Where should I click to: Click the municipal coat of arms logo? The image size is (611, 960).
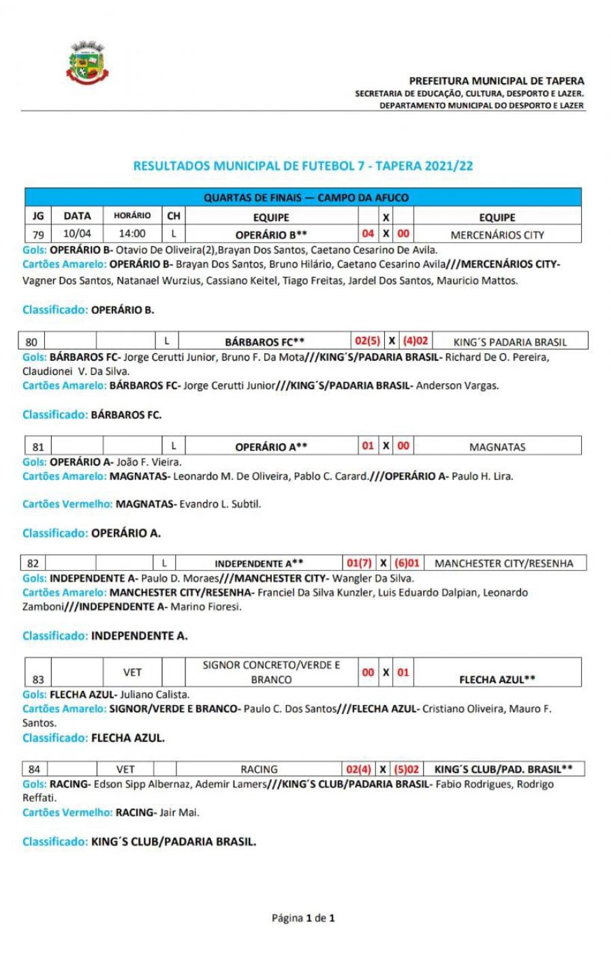click(x=87, y=64)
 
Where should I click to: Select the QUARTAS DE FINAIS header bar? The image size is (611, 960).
click(x=306, y=198)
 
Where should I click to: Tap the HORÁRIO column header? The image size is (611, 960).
click(x=132, y=215)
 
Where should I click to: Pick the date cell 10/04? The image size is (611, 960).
click(x=77, y=234)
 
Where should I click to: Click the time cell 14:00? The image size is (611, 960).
click(x=132, y=234)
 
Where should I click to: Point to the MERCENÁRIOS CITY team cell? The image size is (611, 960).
click(x=497, y=235)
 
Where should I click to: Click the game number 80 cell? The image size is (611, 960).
click(x=31, y=342)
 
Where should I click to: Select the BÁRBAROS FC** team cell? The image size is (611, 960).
click(x=264, y=342)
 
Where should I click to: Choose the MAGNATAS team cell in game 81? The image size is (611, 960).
click(x=497, y=447)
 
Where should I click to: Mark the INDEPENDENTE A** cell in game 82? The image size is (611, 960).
click(x=259, y=563)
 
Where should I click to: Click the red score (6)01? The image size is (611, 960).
click(x=407, y=563)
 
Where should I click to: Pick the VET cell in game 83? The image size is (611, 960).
click(x=132, y=672)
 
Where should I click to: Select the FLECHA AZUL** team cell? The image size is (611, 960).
click(x=497, y=679)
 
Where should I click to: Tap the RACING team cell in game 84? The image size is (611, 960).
click(x=259, y=769)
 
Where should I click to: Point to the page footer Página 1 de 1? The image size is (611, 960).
click(x=303, y=918)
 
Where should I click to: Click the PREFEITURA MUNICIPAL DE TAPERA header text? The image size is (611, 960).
click(x=496, y=80)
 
